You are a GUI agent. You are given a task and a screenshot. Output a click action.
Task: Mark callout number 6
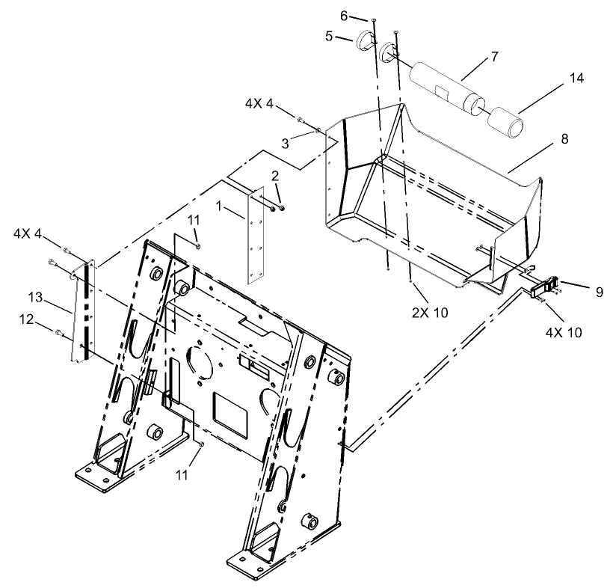(x=365, y=16)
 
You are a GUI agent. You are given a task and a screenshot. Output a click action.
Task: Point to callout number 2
(x=275, y=177)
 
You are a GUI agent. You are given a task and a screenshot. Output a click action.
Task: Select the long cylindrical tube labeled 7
(x=443, y=88)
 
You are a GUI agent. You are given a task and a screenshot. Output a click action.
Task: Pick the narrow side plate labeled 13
(x=81, y=310)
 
